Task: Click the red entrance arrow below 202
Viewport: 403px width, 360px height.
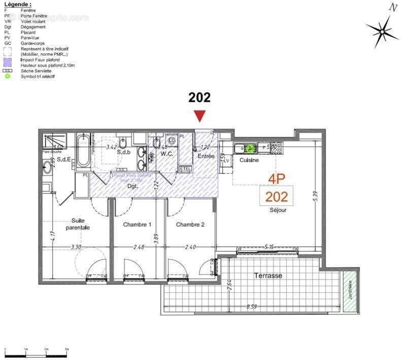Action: coord(200,116)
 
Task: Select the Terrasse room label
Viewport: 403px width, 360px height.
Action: coord(268,275)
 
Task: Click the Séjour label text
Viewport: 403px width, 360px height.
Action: coord(278,210)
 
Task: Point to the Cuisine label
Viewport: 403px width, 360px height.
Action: coord(249,160)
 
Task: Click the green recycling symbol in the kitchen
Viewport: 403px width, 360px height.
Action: coord(249,149)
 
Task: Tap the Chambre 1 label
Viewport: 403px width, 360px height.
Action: coord(138,224)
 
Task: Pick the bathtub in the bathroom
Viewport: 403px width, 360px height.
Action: coord(83,151)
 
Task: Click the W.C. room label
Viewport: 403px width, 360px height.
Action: coord(168,153)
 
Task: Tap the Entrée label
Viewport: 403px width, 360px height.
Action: coord(206,156)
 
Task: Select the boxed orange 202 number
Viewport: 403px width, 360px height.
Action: coord(277,196)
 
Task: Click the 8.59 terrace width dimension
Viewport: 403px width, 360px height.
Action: coord(252,306)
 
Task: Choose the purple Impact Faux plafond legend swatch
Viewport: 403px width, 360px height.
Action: coord(8,59)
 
